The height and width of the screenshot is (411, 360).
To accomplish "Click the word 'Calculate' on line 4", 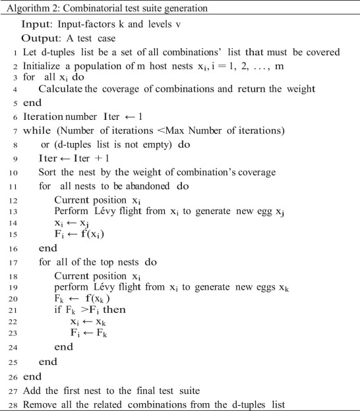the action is [60, 88].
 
